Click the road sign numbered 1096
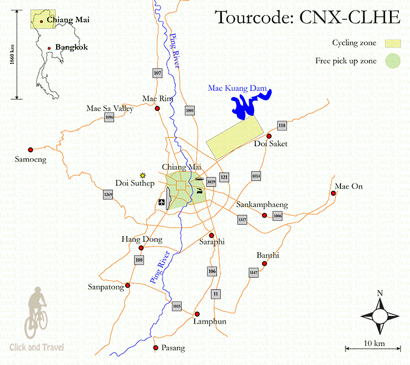click(x=109, y=117)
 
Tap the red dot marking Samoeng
click(x=31, y=149)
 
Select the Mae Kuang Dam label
click(x=238, y=88)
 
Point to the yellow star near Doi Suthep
click(x=143, y=175)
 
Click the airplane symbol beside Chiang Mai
click(x=161, y=202)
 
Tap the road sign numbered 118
click(x=282, y=126)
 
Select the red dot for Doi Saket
click(x=269, y=136)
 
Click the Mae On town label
click(x=349, y=186)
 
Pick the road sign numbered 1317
click(x=242, y=220)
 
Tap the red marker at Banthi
click(x=264, y=263)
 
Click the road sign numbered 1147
click(x=254, y=272)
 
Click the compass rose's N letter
click(x=379, y=293)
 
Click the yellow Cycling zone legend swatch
click(x=394, y=43)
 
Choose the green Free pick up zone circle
click(x=394, y=61)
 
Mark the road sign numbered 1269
click(x=108, y=195)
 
